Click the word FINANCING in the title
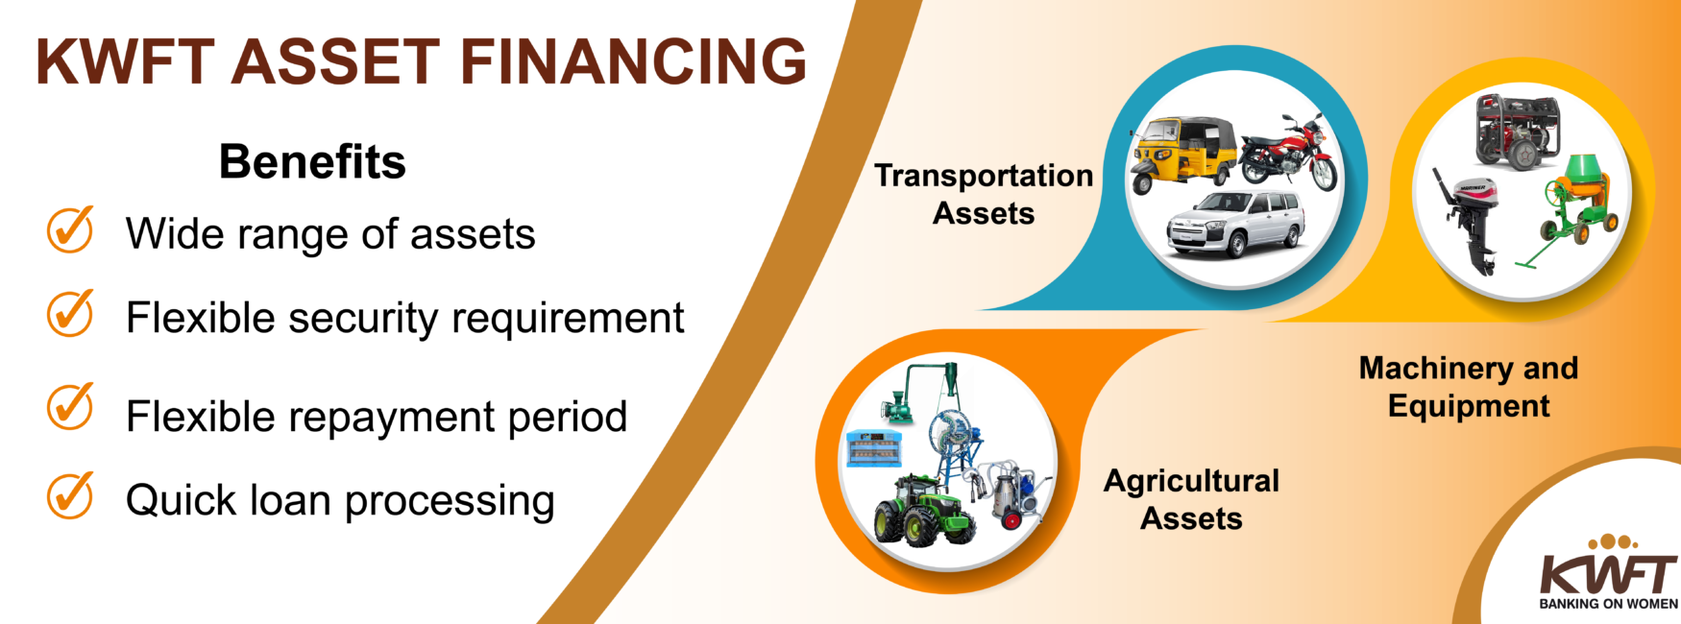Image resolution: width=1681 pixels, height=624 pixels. click(x=634, y=61)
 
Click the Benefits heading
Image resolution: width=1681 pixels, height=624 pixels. click(x=312, y=161)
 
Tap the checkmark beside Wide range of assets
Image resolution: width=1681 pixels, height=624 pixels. click(x=70, y=230)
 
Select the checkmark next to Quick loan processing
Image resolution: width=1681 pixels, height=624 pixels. click(x=70, y=496)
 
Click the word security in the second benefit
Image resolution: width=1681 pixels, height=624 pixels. click(x=363, y=318)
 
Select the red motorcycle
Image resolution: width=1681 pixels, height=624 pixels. click(x=1288, y=154)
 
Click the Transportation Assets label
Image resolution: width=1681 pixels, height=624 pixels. click(x=984, y=194)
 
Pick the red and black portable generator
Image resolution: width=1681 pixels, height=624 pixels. click(x=1518, y=132)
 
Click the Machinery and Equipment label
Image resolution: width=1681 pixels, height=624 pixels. click(x=1469, y=387)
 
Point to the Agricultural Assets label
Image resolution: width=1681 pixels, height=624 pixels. click(x=1191, y=499)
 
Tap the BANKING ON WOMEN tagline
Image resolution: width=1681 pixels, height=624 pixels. click(x=1608, y=604)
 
